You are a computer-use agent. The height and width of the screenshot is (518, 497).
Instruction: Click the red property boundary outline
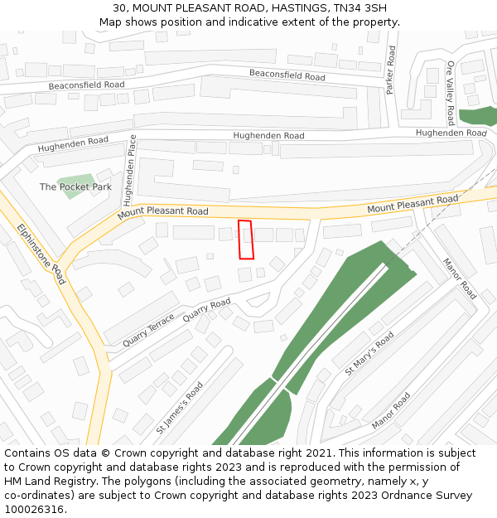click(245, 240)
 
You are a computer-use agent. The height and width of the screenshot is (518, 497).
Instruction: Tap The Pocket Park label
click(75, 187)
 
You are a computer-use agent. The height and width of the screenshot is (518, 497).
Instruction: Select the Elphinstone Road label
click(41, 254)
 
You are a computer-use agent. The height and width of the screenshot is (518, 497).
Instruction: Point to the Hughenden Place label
click(128, 170)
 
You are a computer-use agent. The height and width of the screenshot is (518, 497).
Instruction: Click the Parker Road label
click(391, 70)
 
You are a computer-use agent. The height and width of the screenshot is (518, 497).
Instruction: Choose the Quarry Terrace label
click(148, 330)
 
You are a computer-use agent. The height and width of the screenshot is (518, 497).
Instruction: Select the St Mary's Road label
click(369, 353)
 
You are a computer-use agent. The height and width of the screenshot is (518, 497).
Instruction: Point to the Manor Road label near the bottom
click(391, 410)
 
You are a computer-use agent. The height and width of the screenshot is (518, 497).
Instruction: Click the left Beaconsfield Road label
click(86, 85)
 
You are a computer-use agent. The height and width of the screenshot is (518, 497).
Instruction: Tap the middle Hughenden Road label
click(268, 136)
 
